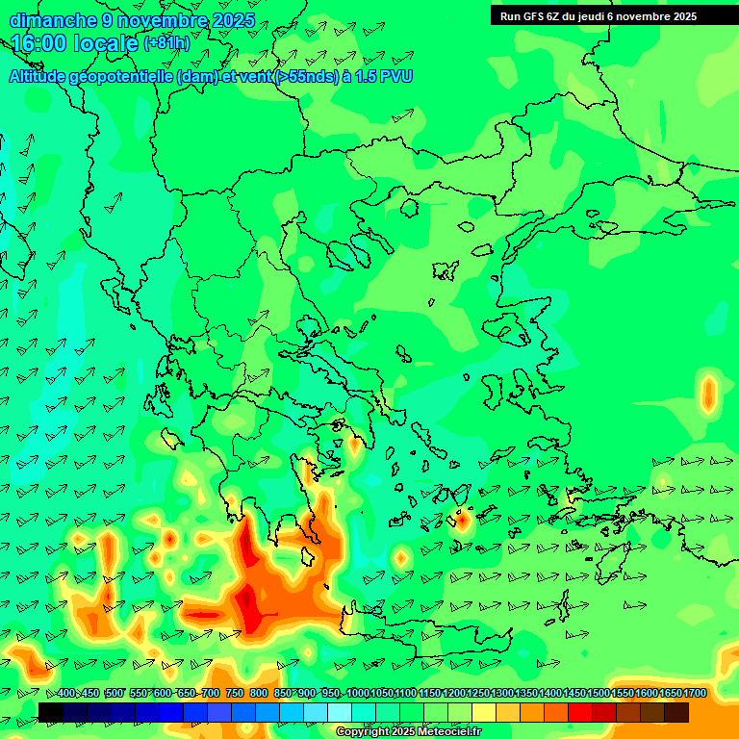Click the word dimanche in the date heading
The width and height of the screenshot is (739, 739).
pyautogui.click(x=53, y=20)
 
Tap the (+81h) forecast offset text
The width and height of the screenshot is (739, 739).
pyautogui.click(x=166, y=43)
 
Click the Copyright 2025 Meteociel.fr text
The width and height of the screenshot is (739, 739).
pyautogui.click(x=408, y=732)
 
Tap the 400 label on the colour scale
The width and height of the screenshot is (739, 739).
pyautogui.click(x=66, y=694)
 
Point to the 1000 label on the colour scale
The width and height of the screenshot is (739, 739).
pyautogui.click(x=357, y=694)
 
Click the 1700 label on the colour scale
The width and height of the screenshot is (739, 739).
pyautogui.click(x=695, y=694)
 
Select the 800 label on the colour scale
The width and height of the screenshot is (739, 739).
pyautogui.click(x=259, y=694)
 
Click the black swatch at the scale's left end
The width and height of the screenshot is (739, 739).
pyautogui.click(x=51, y=712)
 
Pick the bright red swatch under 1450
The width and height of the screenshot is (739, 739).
pyautogui.click(x=579, y=712)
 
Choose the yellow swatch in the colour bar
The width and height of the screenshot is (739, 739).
pyautogui.click(x=484, y=712)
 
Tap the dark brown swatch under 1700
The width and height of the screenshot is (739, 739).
pyautogui.click(x=675, y=712)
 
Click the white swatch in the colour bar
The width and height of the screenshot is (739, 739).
pyautogui.click(x=340, y=712)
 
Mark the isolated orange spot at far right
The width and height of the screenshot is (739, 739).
pyautogui.click(x=709, y=394)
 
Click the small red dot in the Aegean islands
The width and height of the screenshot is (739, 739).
pyautogui.click(x=461, y=520)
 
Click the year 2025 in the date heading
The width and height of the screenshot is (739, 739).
pyautogui.click(x=232, y=20)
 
